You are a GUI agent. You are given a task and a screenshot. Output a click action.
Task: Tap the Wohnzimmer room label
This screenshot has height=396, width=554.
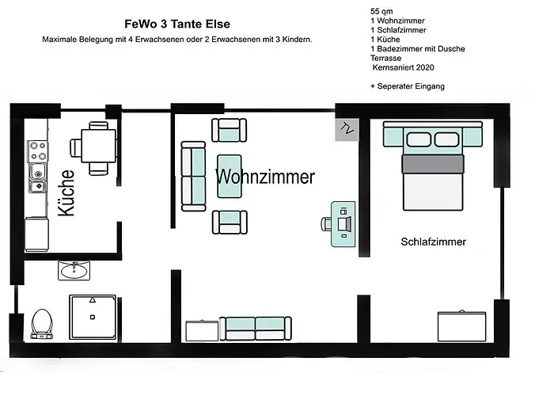[264, 177]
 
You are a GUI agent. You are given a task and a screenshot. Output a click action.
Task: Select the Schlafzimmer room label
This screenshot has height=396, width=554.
[433, 242]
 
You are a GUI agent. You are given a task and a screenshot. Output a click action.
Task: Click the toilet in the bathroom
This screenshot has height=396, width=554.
[41, 322]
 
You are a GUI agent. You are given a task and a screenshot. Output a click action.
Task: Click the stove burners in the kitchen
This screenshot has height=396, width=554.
[36, 148]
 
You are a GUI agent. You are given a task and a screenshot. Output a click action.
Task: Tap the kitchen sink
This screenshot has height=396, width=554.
[36, 178]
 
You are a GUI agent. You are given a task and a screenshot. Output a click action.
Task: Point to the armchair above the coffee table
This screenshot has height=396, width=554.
[230, 129]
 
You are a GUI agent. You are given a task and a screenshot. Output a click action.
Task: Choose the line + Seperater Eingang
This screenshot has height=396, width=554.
[407, 86]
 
